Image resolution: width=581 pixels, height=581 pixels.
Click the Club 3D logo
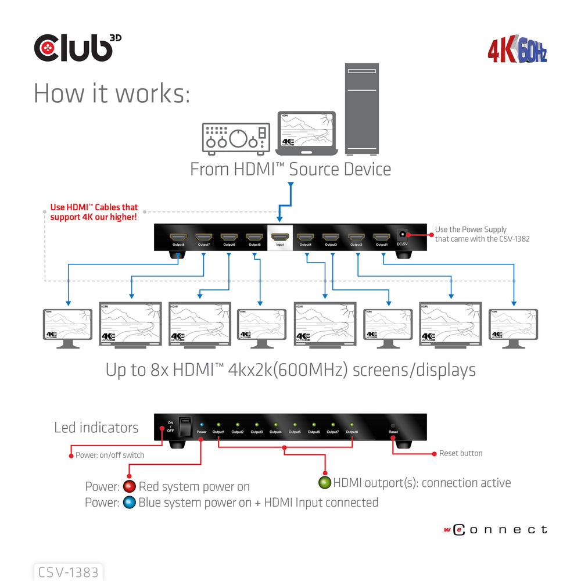point(77,48)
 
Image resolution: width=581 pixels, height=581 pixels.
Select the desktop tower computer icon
point(361,109)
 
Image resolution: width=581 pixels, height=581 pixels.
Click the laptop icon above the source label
point(306,134)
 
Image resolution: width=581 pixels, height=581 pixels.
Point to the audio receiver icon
point(236,139)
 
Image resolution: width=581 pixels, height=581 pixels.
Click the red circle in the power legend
point(129,487)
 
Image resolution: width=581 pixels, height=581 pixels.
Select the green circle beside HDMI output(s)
point(324,482)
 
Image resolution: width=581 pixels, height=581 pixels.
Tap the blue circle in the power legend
point(129,503)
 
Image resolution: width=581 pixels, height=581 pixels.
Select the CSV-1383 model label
point(69,572)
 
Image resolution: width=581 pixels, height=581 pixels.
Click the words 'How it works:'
point(112,94)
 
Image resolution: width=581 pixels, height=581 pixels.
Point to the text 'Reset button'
point(460,453)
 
